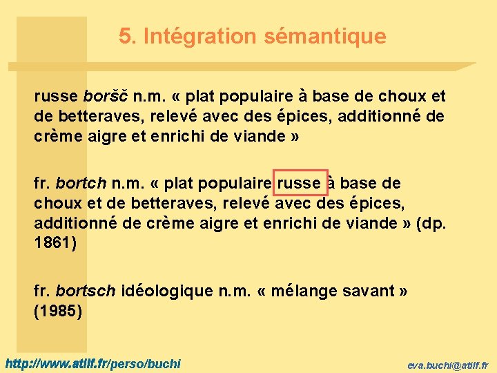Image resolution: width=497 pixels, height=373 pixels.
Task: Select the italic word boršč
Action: pyautogui.click(x=106, y=95)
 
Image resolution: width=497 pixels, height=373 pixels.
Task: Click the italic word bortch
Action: pyautogui.click(x=81, y=184)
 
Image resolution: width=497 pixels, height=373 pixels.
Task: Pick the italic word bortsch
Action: pyautogui.click(x=86, y=291)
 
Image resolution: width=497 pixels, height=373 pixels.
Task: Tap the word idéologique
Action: pyautogui.click(x=167, y=291)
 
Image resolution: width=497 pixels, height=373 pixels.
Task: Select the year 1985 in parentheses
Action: pyautogui.click(x=58, y=312)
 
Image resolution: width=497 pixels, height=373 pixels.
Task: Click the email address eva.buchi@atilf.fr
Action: pyautogui.click(x=447, y=364)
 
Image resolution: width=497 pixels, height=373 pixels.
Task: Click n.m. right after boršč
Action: pyautogui.click(x=153, y=95)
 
